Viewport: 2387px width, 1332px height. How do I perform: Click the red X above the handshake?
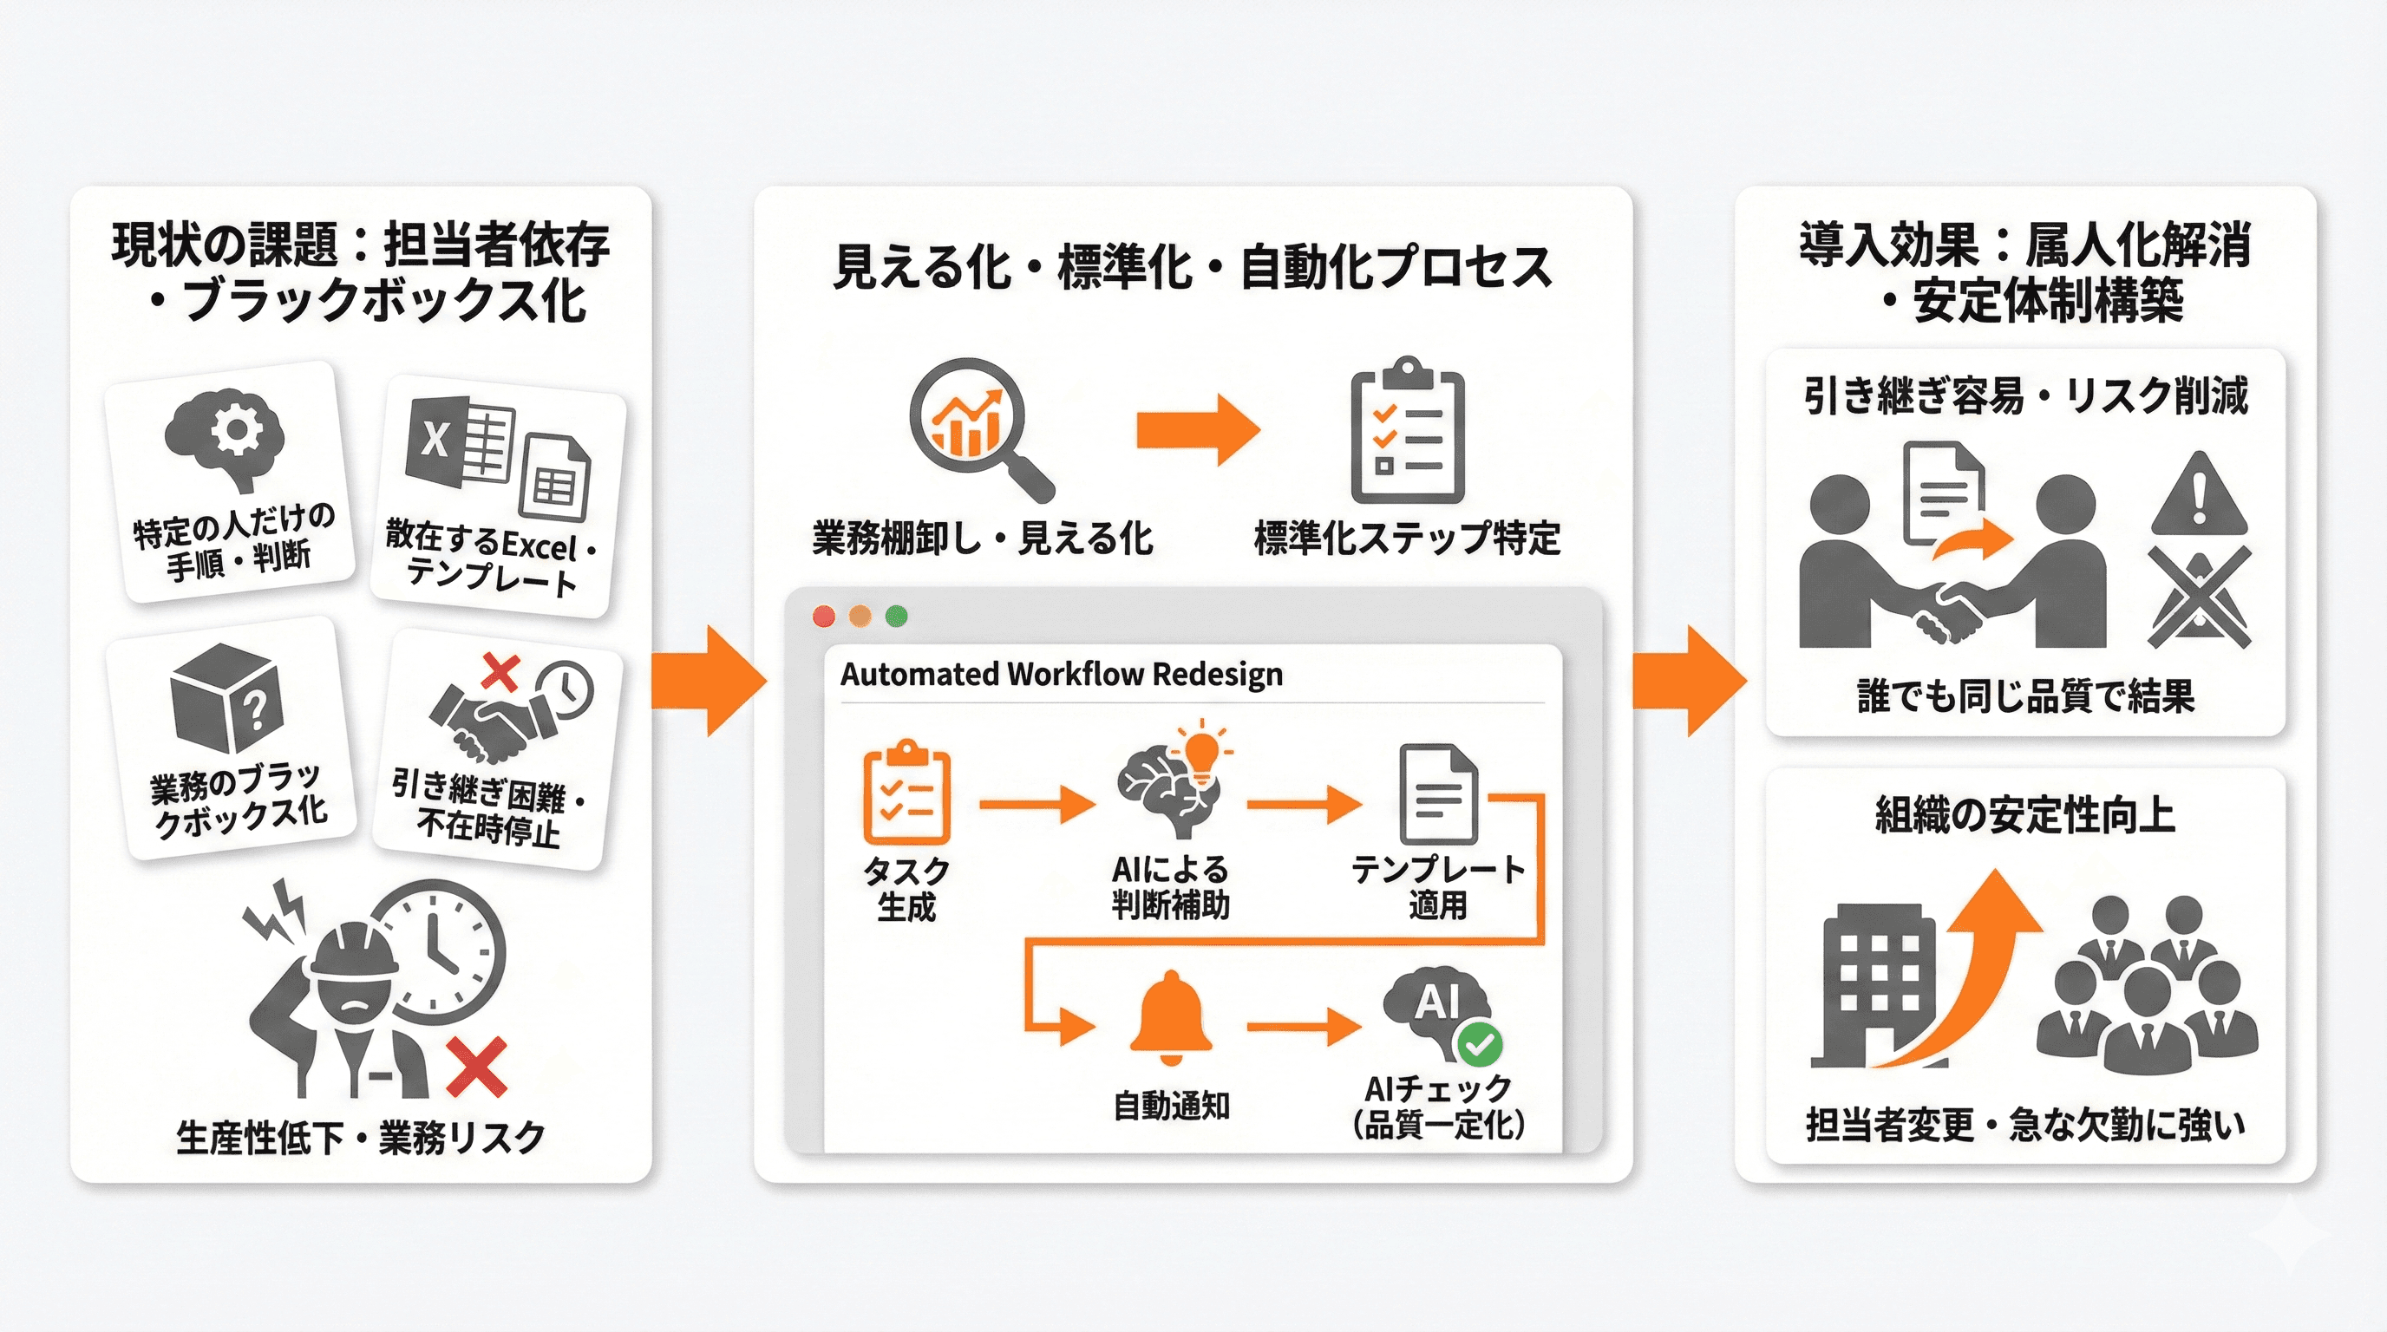(501, 671)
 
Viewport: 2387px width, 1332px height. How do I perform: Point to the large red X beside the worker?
(476, 1066)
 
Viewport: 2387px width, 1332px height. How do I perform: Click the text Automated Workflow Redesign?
(1061, 675)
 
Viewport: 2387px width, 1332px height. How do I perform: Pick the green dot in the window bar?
(896, 616)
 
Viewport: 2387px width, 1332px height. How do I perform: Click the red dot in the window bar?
(823, 616)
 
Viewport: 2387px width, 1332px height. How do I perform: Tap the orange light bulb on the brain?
(1202, 749)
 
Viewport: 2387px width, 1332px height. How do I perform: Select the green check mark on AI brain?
(1480, 1045)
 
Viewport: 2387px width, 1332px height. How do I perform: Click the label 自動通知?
(1171, 1106)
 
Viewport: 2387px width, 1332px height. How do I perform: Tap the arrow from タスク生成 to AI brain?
(1036, 803)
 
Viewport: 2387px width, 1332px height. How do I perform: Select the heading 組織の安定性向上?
(2024, 816)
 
